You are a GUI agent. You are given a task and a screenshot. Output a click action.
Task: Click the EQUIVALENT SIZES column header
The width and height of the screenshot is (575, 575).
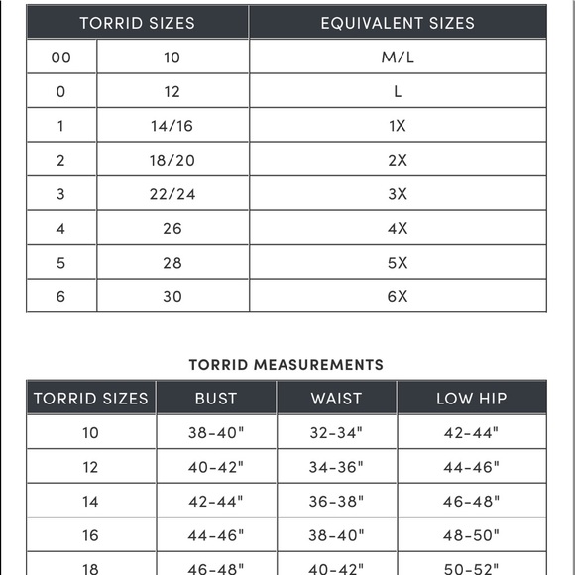pos(398,22)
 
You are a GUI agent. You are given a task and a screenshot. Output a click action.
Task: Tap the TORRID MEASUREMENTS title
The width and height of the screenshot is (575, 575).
pos(287,365)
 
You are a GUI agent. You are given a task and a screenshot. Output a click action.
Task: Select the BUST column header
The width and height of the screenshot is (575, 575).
pos(216,399)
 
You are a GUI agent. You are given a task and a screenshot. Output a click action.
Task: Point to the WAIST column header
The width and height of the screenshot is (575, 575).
pos(337,399)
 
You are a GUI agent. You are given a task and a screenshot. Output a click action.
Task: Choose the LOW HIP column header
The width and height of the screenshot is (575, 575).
pos(472,399)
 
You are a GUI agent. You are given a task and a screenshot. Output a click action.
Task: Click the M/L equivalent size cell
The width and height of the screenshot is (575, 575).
pos(398,57)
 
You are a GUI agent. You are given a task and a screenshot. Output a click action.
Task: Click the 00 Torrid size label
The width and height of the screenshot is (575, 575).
pos(61,57)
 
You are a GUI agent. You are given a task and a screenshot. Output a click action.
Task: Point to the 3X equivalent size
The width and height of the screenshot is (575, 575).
pos(398,194)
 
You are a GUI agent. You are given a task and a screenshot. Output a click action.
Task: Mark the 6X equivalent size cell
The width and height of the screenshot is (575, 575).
pos(398,296)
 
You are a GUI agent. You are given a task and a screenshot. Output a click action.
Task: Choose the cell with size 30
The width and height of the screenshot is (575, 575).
pos(172,296)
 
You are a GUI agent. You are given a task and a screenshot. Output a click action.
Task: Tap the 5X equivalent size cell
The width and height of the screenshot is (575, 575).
pos(398,263)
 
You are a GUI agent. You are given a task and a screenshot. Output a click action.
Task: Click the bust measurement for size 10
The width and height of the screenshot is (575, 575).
pos(216,432)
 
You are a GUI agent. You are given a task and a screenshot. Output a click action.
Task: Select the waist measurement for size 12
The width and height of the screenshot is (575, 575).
pos(337,467)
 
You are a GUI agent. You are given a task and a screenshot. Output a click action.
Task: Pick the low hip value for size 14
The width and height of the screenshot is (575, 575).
pos(471,502)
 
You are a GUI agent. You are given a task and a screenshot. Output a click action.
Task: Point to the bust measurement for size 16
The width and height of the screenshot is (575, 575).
pos(216,535)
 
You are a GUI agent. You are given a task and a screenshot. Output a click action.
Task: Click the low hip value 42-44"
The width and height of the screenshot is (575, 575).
pos(471,432)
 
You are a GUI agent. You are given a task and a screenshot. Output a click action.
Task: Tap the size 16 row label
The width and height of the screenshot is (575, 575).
pos(90,535)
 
